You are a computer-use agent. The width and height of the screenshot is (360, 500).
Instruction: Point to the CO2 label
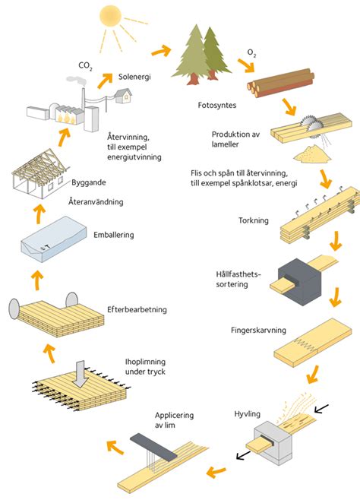(x=85, y=66)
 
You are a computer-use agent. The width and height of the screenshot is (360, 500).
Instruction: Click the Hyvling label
(x=248, y=413)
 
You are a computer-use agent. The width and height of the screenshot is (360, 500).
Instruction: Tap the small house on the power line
(x=122, y=94)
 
